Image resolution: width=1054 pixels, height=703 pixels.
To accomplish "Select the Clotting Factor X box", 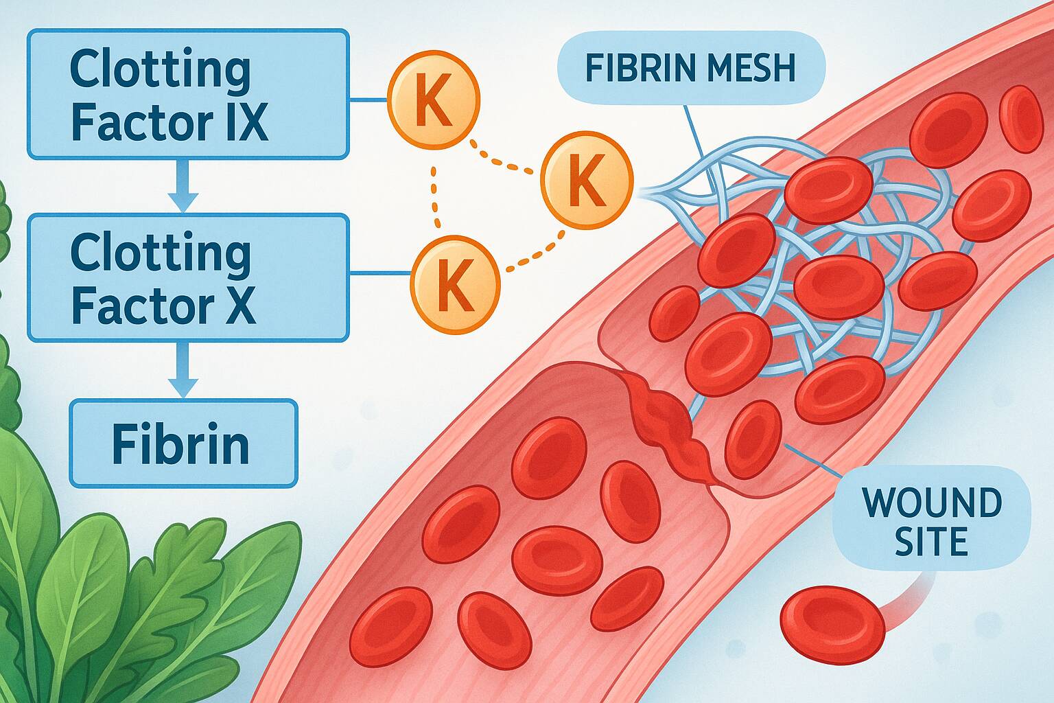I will click(x=187, y=277).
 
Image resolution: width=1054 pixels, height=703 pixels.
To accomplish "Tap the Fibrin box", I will click(x=183, y=443).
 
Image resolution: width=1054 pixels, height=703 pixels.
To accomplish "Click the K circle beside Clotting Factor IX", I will click(x=434, y=102).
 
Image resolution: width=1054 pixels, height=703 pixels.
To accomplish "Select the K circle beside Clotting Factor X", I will click(x=455, y=284).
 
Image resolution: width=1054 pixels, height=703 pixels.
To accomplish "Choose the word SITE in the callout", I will click(x=931, y=542).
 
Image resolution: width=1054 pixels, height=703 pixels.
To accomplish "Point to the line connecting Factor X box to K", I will click(x=379, y=274).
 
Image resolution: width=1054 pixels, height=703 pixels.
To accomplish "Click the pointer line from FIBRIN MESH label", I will click(x=693, y=130).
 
